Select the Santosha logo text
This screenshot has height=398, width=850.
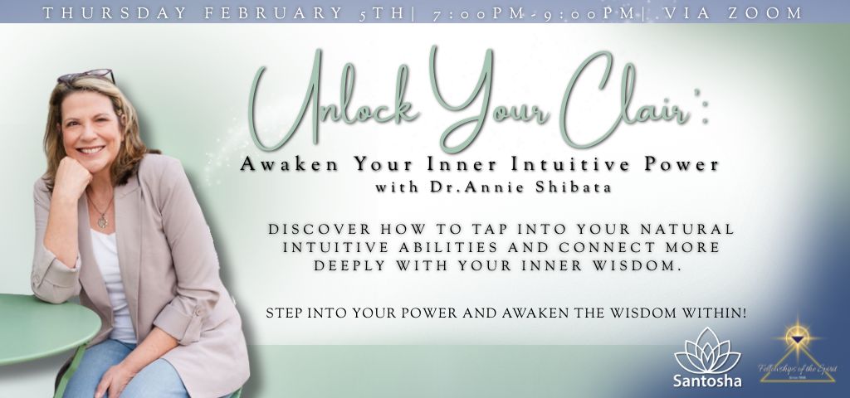coord(708,381)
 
